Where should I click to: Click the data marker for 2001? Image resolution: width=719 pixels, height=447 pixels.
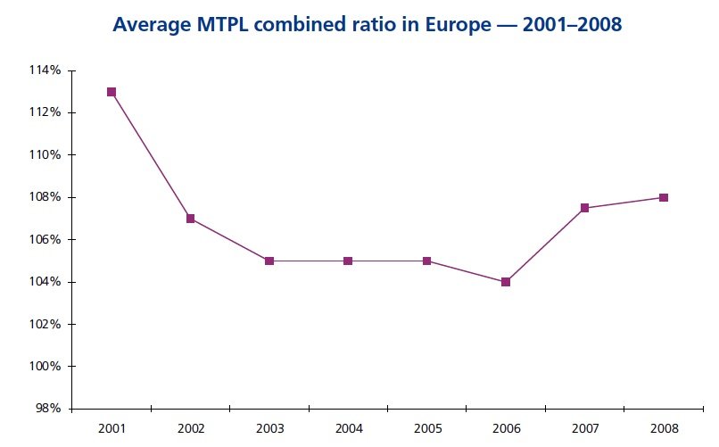click(x=112, y=92)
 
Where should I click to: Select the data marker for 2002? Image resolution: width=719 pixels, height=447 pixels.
click(x=190, y=219)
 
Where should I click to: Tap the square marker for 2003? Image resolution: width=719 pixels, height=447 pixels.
click(x=269, y=261)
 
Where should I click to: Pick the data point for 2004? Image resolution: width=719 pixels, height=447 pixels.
click(x=348, y=261)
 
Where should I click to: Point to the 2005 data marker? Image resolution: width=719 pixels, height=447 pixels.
click(x=426, y=261)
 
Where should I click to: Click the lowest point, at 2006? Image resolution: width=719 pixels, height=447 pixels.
click(x=506, y=282)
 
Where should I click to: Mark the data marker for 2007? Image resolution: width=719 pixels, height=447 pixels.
click(x=584, y=208)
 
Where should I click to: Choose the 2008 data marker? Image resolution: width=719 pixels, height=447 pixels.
click(x=664, y=197)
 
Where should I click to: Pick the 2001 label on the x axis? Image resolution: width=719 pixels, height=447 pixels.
click(x=112, y=427)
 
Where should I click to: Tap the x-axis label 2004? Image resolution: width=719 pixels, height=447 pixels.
click(x=348, y=427)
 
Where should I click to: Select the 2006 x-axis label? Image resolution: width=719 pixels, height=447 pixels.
click(x=506, y=427)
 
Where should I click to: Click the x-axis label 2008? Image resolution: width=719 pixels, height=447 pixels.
click(x=664, y=427)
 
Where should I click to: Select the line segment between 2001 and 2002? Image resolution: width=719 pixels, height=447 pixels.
click(x=151, y=155)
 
